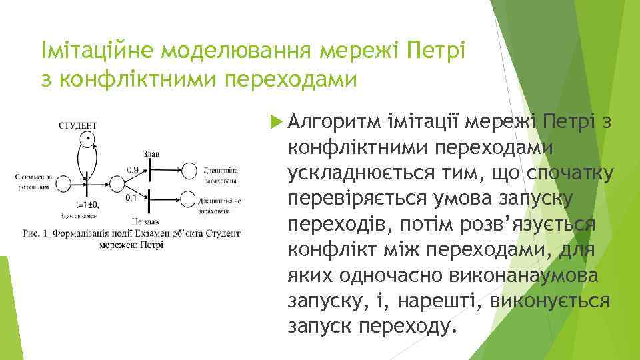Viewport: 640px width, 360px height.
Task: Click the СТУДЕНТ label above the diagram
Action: [78, 125]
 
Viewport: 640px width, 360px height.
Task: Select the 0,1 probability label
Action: [131, 198]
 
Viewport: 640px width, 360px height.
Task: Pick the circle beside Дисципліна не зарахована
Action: [189, 199]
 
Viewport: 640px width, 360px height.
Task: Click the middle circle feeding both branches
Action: [117, 183]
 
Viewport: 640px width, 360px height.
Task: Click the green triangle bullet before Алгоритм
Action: [275, 121]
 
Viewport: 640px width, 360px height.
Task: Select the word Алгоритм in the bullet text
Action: [327, 121]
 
